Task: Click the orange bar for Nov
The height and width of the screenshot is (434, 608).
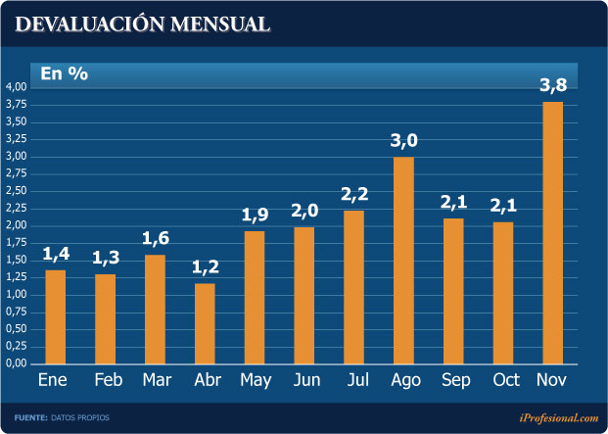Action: pos(552,232)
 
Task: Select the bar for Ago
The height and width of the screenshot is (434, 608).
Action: pos(402,260)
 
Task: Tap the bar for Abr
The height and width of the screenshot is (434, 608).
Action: pos(204,323)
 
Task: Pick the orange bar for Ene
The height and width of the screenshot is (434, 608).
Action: pos(55,316)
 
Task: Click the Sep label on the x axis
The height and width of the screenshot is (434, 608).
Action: pos(452,379)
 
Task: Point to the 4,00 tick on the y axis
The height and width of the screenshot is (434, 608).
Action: pos(16,87)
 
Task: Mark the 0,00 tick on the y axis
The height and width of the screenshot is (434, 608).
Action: pos(16,363)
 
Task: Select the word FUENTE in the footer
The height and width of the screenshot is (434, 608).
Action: pos(30,418)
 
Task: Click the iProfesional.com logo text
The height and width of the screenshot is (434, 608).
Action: pos(558,418)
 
